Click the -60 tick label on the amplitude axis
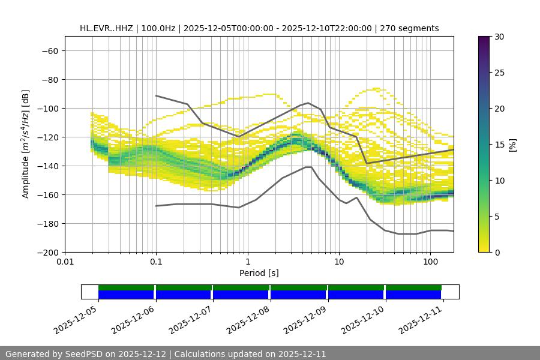click(49, 50)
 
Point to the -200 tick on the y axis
click(47, 252)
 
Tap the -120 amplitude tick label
click(47, 137)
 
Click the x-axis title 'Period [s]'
click(259, 273)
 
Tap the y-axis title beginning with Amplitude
click(25, 144)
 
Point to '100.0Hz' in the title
click(162, 28)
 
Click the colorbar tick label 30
click(499, 37)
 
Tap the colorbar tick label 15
click(499, 145)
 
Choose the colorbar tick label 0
click(496, 252)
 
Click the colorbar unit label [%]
click(512, 145)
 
